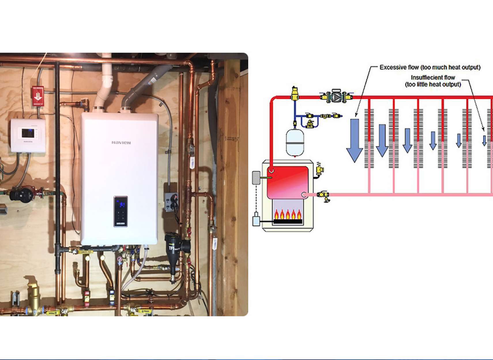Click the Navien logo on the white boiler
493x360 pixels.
121,142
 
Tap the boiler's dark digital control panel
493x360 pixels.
121,211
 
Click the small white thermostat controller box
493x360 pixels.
28,135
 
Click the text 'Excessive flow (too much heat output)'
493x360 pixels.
430,67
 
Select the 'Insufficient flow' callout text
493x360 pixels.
433,81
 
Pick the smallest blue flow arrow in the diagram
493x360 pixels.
484,140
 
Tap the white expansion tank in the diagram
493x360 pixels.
295,142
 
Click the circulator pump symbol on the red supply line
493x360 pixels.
336,97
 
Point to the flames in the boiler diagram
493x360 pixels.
288,214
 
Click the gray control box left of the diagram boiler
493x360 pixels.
256,178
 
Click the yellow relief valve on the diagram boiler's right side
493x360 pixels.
320,169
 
